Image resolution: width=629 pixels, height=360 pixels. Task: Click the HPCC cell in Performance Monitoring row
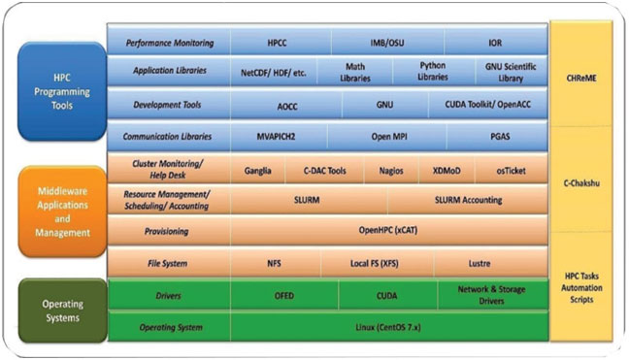(281, 43)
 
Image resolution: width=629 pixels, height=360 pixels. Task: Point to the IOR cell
(495, 43)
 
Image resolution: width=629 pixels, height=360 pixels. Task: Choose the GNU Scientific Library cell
(509, 73)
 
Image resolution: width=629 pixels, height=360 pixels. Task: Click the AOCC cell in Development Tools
(285, 106)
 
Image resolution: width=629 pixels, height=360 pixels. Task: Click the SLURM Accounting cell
(468, 200)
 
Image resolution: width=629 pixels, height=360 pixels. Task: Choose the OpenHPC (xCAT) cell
(388, 231)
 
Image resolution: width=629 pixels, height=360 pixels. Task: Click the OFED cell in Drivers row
(284, 294)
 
